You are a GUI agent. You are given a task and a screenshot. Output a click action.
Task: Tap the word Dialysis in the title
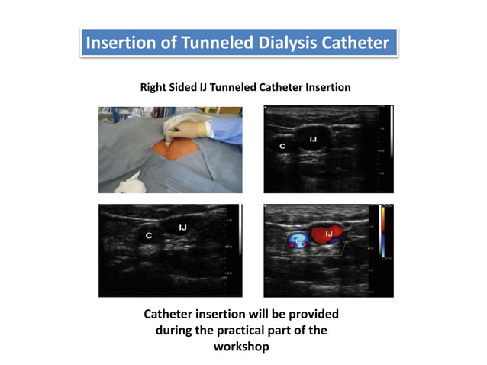tap(279, 43)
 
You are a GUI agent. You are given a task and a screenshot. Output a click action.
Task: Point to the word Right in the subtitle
tap(154, 87)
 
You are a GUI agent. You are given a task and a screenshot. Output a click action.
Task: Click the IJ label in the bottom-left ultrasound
tap(182, 227)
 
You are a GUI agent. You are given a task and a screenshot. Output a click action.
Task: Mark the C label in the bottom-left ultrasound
tap(149, 236)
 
